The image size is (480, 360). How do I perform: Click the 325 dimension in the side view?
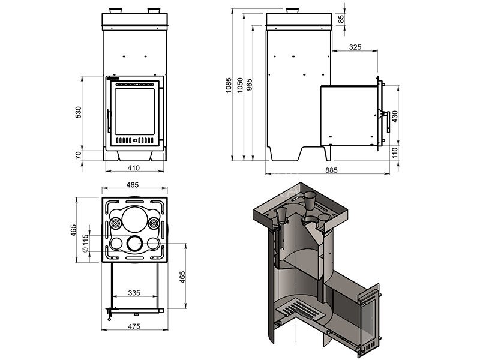[x=355, y=47]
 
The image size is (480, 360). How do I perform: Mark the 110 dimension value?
[x=394, y=152]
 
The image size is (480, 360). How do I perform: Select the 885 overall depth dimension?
[x=331, y=170]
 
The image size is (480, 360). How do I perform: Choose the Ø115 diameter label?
[x=85, y=242]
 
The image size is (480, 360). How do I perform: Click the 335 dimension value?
[x=134, y=293]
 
